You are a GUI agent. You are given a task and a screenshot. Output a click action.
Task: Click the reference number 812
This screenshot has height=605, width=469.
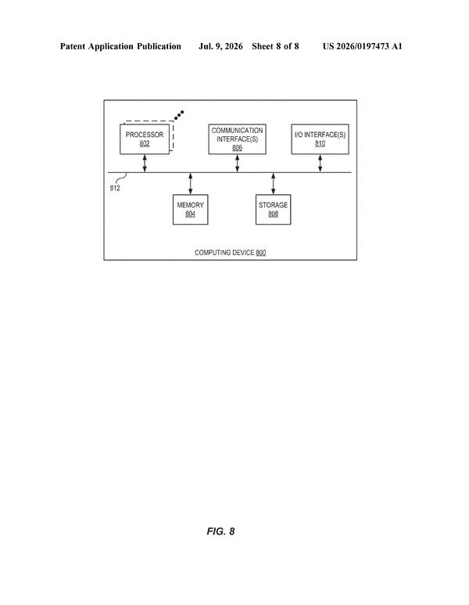115,189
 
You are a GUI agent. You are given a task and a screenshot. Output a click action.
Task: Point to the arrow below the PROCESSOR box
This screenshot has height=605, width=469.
145,164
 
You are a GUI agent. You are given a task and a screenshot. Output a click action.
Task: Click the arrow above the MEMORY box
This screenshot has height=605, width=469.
191,184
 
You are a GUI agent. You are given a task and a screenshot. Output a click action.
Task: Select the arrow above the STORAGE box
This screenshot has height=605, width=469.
274,184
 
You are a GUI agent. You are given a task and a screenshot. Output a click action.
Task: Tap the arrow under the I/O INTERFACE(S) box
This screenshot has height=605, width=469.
320,164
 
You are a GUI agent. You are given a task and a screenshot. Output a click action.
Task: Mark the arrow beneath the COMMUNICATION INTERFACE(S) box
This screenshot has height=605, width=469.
237,164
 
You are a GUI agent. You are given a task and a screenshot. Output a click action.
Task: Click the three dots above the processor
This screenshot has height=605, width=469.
179,115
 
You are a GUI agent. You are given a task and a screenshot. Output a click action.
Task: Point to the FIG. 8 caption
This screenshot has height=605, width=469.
220,531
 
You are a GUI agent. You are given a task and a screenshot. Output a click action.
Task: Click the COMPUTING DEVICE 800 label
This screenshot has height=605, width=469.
230,253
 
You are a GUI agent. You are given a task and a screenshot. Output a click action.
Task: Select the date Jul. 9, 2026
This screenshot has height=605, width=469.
220,47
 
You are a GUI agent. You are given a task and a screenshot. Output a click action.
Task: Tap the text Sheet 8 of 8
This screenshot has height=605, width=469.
275,47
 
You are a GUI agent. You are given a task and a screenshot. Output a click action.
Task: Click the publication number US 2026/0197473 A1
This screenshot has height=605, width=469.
362,47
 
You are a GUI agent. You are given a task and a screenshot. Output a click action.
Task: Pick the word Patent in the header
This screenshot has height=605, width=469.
73,47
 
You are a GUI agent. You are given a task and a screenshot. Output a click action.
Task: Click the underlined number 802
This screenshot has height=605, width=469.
145,143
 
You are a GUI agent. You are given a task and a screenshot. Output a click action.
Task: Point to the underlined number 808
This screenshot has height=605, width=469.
274,214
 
